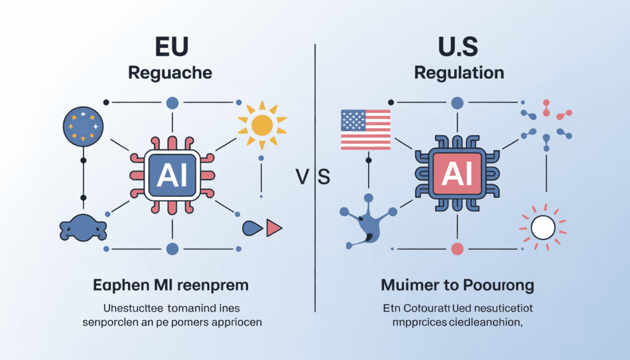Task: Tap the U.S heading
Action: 459,47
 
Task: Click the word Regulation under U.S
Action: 459,73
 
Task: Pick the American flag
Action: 365,130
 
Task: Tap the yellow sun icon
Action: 262,125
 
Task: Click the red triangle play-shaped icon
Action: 274,229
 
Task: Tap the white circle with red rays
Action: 543,228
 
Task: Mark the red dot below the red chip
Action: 457,249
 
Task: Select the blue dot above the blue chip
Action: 173,103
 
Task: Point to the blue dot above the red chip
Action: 457,103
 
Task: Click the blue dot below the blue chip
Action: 173,249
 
